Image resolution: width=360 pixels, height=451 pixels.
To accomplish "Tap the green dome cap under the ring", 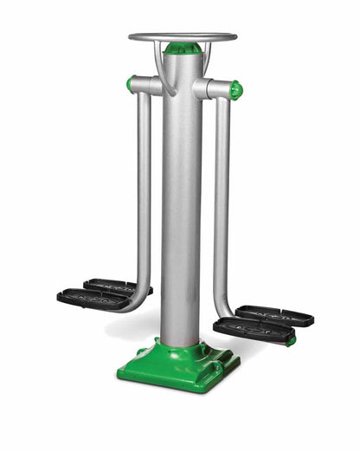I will pos(182,48).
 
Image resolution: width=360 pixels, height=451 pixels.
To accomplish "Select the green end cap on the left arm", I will pos(131,84).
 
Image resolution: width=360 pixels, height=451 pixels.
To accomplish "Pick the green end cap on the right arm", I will pos(235,89).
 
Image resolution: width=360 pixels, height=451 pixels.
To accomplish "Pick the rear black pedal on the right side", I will pos(273,314).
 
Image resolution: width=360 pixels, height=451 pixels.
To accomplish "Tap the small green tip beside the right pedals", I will pos(292,340).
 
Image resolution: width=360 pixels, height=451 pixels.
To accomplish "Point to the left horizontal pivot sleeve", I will pos(147,85).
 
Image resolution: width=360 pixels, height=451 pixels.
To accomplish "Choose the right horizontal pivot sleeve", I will pos(215,87).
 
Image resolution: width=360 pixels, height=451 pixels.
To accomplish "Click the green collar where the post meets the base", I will pos(182,346).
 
